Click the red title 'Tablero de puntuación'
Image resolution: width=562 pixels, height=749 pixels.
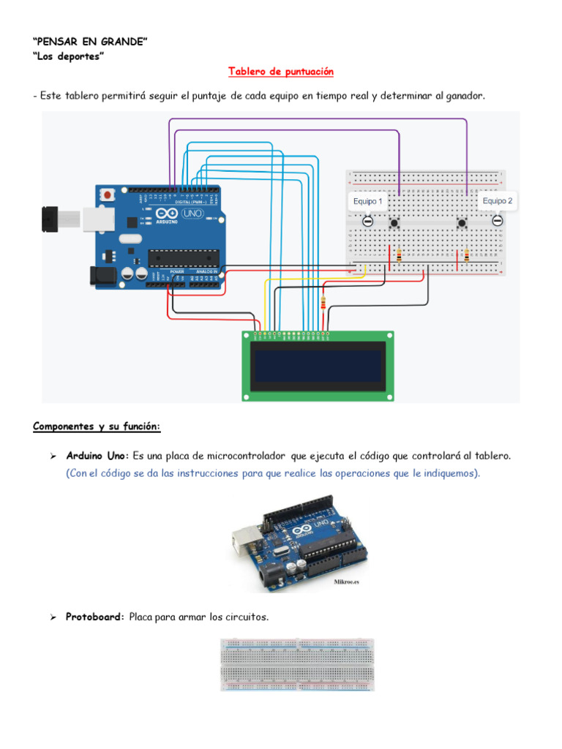[x=280, y=72]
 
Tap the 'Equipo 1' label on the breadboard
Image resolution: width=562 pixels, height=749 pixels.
[x=367, y=201]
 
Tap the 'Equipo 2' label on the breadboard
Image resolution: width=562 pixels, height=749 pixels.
[x=497, y=200]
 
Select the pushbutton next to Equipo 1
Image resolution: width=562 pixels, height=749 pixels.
[x=395, y=222]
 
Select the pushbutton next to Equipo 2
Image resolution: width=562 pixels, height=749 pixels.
[x=462, y=222]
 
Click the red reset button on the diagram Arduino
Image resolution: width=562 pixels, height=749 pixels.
[x=108, y=195]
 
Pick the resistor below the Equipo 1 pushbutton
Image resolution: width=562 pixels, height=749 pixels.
[x=399, y=255]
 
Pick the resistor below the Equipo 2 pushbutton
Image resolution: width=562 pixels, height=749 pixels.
[x=467, y=255]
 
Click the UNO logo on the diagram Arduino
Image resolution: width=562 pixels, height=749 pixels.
[x=192, y=213]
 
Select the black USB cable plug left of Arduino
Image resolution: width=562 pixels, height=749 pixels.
[x=50, y=217]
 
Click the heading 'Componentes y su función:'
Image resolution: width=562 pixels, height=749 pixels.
[x=97, y=426]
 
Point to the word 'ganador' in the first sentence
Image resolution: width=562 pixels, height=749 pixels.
[x=462, y=97]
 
